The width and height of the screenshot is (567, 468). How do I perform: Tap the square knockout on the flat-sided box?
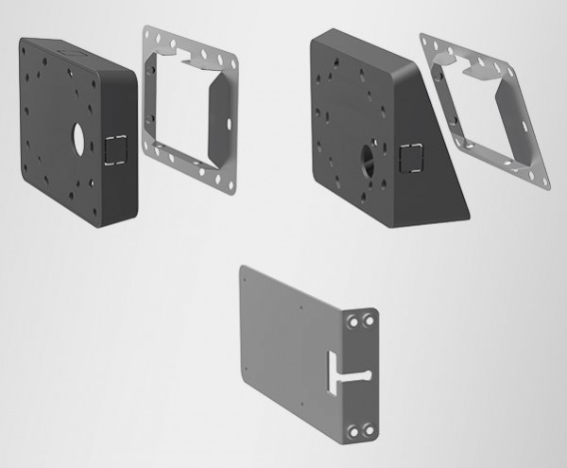(116, 147)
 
